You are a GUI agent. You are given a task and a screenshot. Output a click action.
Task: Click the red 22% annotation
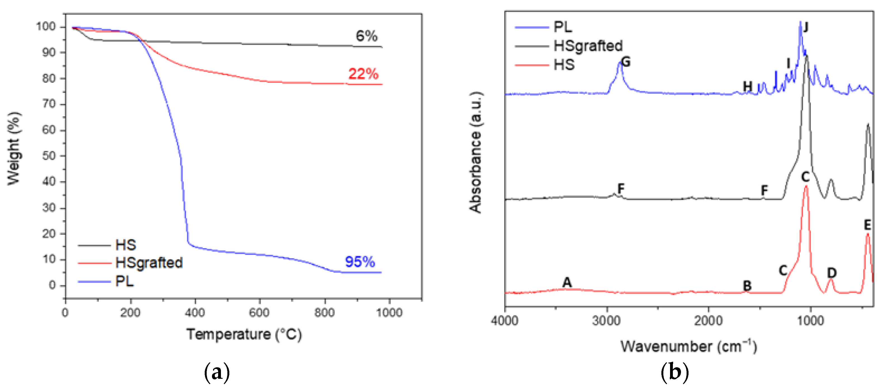(x=363, y=74)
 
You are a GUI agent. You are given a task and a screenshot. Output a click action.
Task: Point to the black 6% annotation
(x=367, y=36)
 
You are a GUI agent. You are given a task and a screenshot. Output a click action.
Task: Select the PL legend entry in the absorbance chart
(x=563, y=27)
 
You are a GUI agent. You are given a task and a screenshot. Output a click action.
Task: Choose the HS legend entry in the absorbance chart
(x=564, y=65)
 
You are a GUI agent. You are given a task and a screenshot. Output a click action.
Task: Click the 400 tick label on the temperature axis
(x=195, y=313)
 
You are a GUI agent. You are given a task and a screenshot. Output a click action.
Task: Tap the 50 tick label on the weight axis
(x=49, y=156)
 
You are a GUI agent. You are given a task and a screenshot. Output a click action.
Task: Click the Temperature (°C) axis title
(x=244, y=335)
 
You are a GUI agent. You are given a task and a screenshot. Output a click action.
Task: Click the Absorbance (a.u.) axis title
(x=476, y=152)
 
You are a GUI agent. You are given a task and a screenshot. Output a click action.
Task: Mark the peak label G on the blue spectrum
(x=626, y=62)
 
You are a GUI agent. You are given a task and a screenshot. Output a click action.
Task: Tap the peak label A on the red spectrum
(x=567, y=283)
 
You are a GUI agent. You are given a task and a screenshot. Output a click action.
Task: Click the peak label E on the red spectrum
(x=867, y=225)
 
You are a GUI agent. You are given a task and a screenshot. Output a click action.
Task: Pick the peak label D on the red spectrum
(x=831, y=273)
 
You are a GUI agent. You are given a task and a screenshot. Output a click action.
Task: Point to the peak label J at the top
(x=806, y=27)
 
